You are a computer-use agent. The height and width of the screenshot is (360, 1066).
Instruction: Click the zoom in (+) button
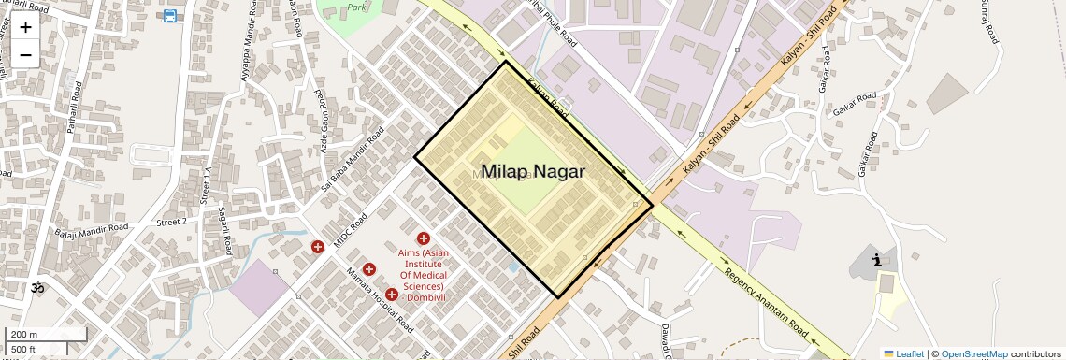click(x=25, y=27)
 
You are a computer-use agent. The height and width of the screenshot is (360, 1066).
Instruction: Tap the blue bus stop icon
click(x=169, y=16)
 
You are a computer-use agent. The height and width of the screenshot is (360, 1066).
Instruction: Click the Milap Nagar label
click(x=533, y=171)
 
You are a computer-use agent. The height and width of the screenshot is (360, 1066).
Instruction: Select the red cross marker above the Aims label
click(x=424, y=239)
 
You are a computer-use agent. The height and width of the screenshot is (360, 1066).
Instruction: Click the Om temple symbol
click(x=38, y=288)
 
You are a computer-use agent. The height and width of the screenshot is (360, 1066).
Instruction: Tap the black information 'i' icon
click(x=876, y=261)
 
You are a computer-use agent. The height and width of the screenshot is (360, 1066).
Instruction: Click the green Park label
click(x=356, y=6)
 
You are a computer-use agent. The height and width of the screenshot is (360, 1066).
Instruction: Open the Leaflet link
click(x=903, y=353)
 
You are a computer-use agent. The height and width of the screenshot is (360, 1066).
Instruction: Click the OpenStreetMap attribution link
click(x=973, y=353)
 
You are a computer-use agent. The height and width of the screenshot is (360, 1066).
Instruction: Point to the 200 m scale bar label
click(x=24, y=335)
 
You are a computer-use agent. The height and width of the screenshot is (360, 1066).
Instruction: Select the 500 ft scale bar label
click(x=24, y=349)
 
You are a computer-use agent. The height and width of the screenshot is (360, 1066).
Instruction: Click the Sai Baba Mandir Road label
click(x=352, y=159)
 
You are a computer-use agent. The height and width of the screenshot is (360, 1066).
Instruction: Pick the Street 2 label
click(x=172, y=222)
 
